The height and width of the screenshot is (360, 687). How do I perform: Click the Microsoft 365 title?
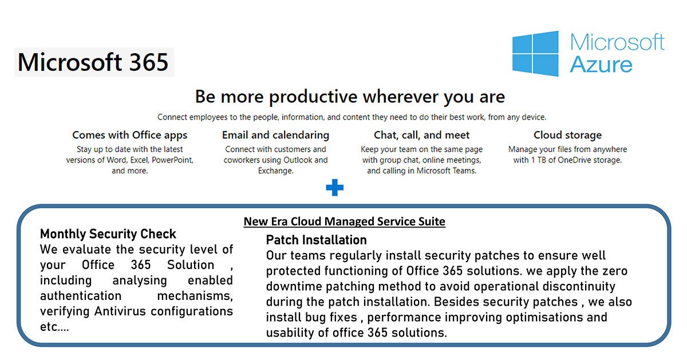[93, 62]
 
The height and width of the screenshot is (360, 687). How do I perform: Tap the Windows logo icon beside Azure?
[535, 54]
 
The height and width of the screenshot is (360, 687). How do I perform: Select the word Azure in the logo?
[601, 65]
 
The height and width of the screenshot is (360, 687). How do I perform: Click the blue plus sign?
[334, 187]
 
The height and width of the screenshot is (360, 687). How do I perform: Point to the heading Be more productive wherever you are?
[350, 97]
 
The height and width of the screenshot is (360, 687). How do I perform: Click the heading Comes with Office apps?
[130, 135]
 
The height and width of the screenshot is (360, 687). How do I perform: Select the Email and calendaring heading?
[275, 135]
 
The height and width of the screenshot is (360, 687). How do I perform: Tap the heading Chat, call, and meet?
[422, 135]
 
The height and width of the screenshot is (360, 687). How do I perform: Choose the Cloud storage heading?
[568, 135]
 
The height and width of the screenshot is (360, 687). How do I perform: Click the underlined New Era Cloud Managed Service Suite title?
[345, 221]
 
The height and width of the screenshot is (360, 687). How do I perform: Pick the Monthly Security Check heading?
[108, 234]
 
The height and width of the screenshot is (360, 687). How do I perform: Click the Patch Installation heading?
[316, 240]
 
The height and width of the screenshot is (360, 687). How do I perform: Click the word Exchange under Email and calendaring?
[275, 171]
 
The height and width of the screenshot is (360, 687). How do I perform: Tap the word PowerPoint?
[172, 160]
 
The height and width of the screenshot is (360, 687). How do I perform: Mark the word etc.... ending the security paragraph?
[54, 327]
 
